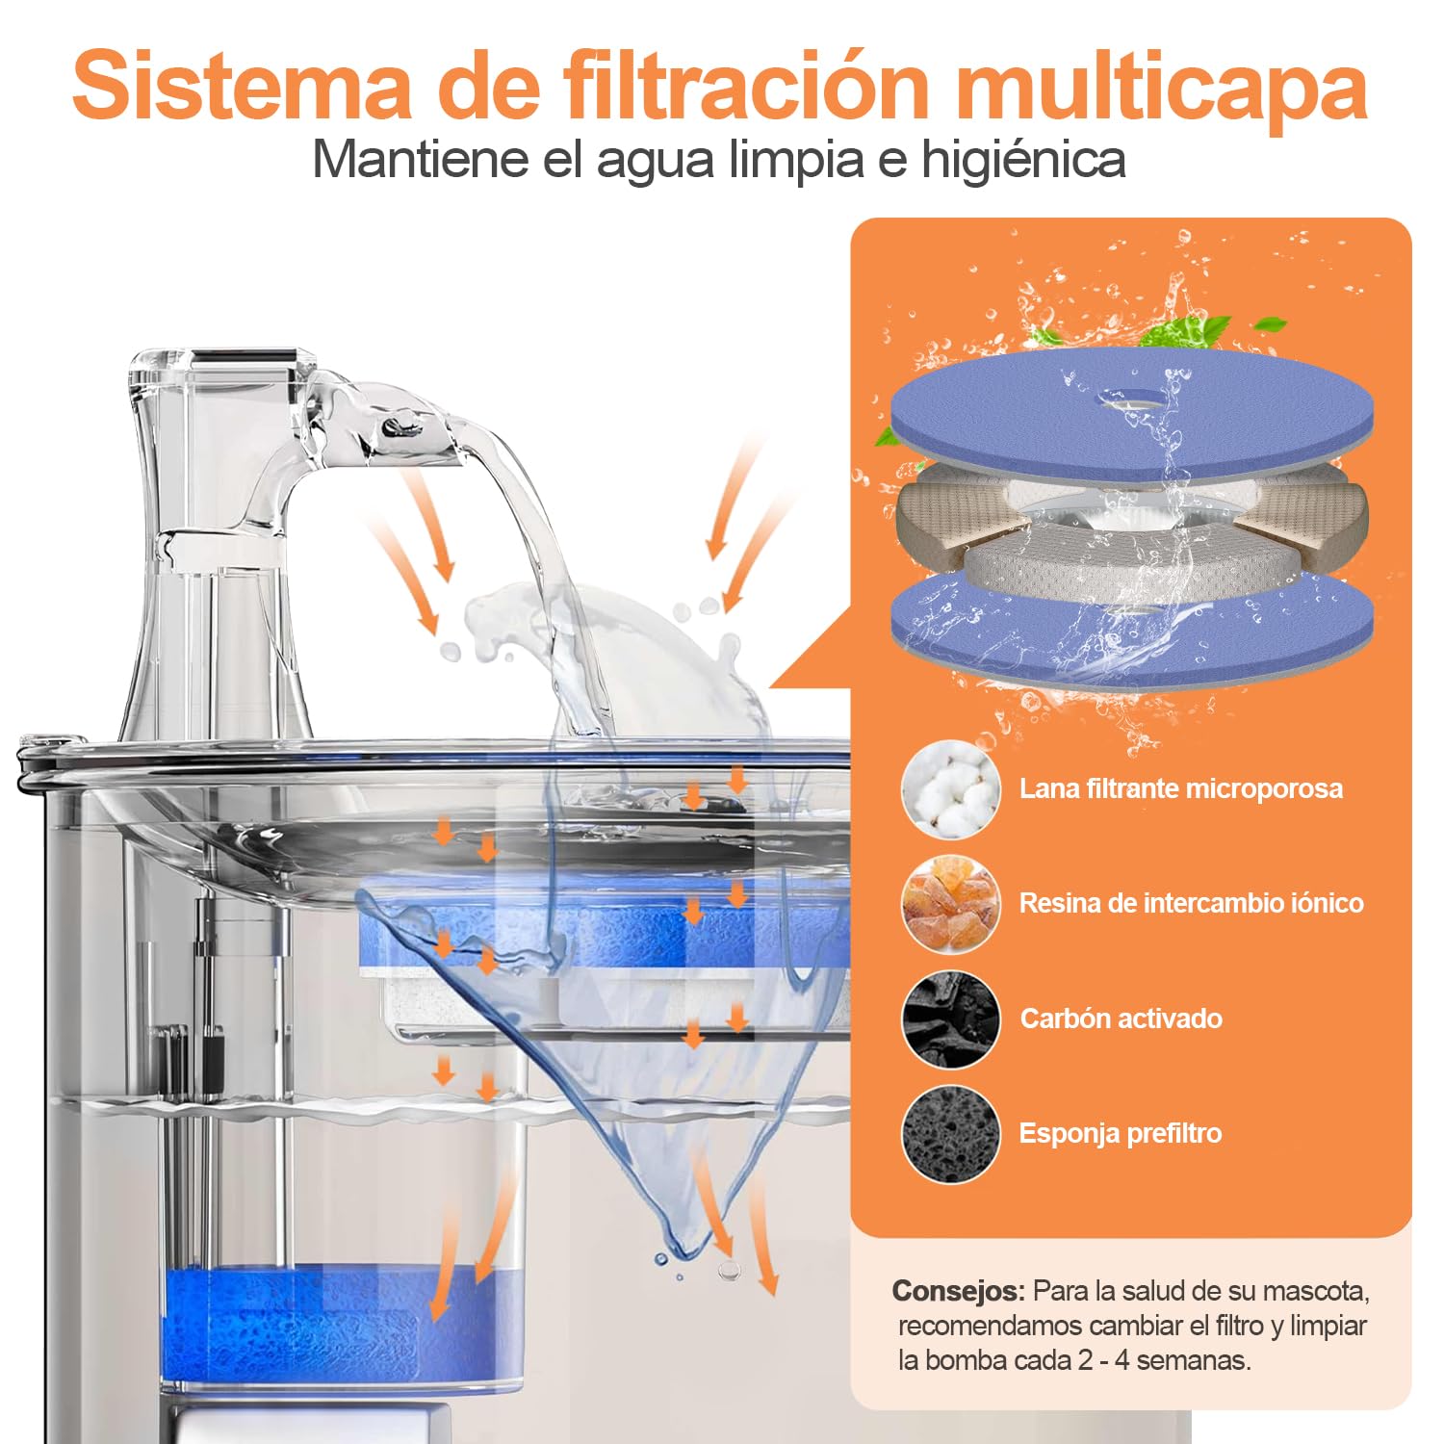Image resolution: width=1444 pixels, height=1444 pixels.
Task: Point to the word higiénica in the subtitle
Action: coord(1023,160)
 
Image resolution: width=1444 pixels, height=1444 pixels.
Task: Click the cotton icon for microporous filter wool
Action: coord(951,788)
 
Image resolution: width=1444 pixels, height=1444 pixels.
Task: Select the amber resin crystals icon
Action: coord(951,903)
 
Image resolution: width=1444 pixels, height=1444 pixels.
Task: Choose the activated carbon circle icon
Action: coord(951,1019)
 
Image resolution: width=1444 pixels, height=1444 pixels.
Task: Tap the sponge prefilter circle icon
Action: coord(951,1134)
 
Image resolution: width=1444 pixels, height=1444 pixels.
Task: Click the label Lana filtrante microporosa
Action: coord(1181,788)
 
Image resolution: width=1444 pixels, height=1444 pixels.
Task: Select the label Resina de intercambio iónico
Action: coord(1192,903)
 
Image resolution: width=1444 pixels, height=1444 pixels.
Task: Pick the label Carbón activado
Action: coord(1122,1019)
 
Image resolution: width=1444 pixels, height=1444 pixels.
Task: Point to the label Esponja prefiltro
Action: coord(1121,1134)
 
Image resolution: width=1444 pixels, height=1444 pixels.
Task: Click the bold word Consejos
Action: coord(959,1290)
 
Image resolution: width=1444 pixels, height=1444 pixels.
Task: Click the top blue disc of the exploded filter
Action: coord(1131,412)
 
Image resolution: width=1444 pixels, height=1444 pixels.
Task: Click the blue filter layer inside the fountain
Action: coord(602,929)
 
